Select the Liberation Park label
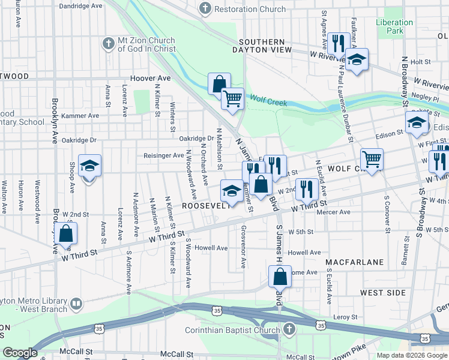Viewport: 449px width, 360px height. [x=394, y=26]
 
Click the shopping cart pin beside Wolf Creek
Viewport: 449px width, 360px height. [x=232, y=98]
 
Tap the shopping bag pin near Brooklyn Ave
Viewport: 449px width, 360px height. [x=67, y=234]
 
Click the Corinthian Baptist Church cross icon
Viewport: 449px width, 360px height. [x=289, y=329]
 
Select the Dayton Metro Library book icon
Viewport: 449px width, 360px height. [x=76, y=304]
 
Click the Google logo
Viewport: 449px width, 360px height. [x=20, y=353]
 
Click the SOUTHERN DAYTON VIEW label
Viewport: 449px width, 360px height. [x=262, y=46]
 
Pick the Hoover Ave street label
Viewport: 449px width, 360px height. [x=151, y=79]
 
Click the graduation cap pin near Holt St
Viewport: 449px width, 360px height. [x=357, y=60]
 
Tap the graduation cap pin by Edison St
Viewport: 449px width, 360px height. [x=417, y=124]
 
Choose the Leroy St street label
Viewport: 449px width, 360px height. [x=346, y=317]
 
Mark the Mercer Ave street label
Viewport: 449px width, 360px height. [x=337, y=212]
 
